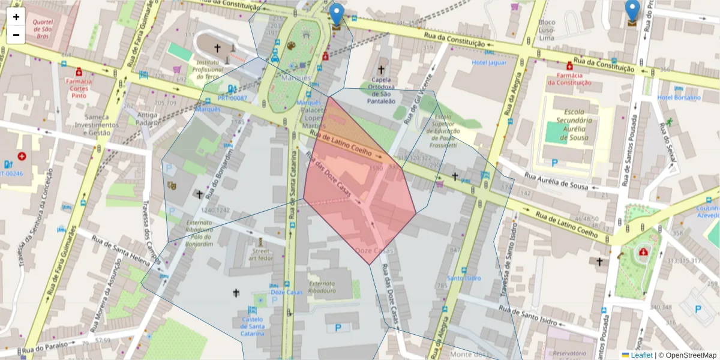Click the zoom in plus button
point(16,17)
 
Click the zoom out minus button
point(16,35)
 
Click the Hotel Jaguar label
point(489,62)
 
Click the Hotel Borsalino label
point(679,97)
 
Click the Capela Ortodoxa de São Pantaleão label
point(380,90)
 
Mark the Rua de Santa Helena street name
point(125,251)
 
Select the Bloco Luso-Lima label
point(547,30)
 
